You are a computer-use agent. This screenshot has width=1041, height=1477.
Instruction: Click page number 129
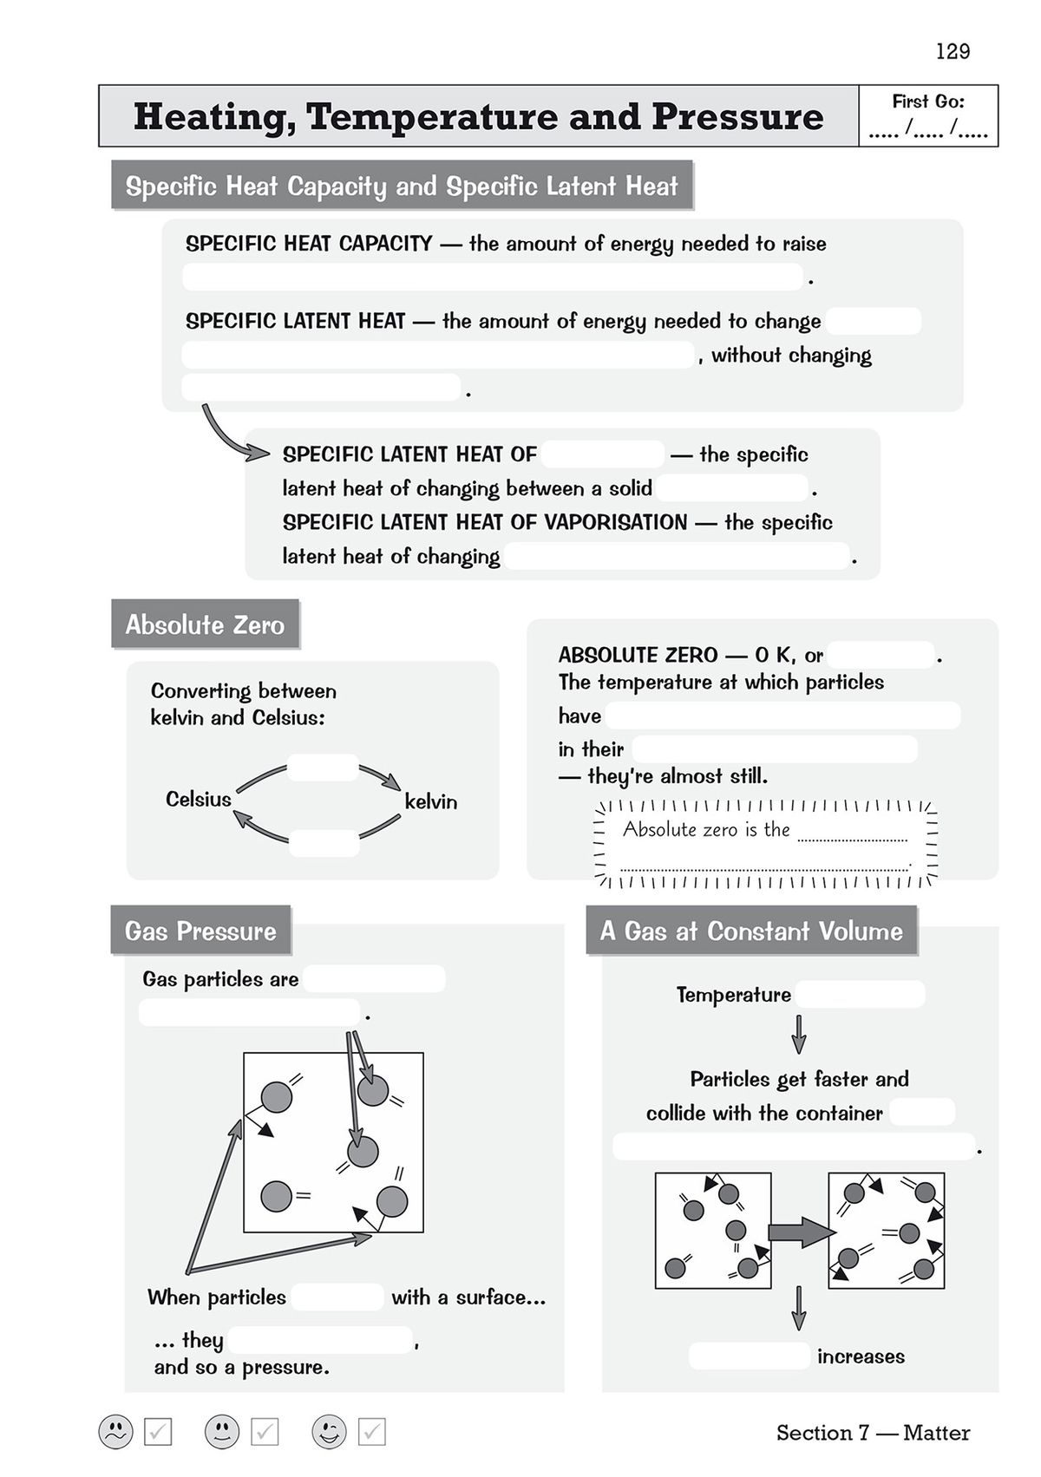tap(953, 51)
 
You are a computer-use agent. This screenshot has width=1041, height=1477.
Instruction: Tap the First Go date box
tap(927, 116)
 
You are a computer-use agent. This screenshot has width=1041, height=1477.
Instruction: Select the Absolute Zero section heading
tap(205, 624)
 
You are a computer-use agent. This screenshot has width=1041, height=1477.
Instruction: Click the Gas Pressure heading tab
tap(200, 931)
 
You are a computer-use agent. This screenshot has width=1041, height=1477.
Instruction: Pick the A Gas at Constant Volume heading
tap(751, 931)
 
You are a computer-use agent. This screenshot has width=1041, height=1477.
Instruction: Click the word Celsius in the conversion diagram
tap(198, 799)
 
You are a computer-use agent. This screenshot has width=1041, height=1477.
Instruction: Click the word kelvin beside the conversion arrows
tap(430, 801)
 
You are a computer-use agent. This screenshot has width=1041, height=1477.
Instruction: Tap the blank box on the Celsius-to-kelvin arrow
tap(323, 768)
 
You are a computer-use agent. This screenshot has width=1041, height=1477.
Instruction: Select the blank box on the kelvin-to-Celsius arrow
tap(324, 843)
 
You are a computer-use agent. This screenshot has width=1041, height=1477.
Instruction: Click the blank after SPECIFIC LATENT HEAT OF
tap(603, 454)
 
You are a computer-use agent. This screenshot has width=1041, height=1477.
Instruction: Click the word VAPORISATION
tap(615, 522)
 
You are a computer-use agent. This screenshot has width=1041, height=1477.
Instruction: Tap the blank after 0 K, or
tap(881, 655)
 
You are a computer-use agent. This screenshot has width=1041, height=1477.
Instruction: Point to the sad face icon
tap(115, 1431)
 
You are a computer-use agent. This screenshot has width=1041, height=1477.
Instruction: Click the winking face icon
tap(329, 1431)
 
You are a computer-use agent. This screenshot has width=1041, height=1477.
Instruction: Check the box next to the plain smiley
tap(265, 1432)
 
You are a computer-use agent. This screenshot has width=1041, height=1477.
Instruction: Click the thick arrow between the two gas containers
tap(799, 1232)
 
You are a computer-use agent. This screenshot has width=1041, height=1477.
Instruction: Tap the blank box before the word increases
tap(750, 1356)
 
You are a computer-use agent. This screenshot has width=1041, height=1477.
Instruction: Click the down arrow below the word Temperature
tap(799, 1034)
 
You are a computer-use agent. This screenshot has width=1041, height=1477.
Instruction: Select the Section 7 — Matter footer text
tap(873, 1433)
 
